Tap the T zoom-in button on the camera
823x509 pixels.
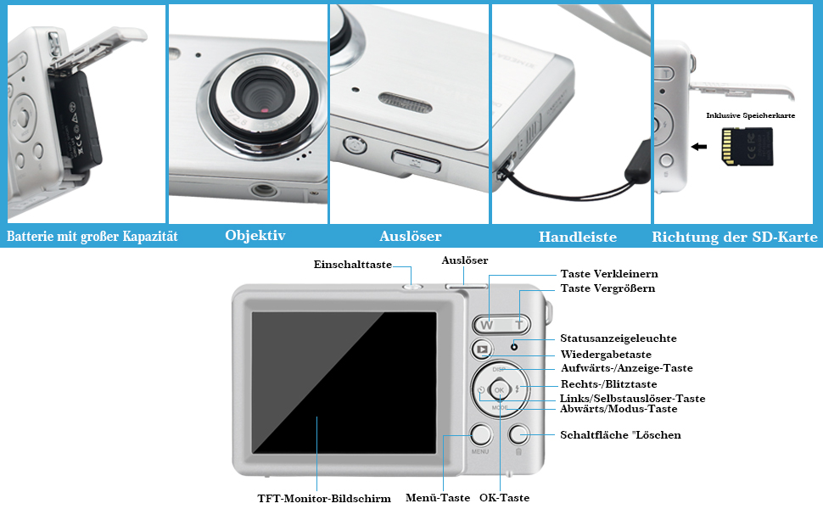tap(518, 324)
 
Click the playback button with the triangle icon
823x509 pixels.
tap(481, 348)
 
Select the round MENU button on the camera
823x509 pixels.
tap(480, 435)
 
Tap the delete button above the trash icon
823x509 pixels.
tap(518, 435)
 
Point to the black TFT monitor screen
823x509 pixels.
tap(349, 382)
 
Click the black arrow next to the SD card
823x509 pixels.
tap(700, 147)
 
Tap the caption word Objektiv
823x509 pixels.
tap(255, 236)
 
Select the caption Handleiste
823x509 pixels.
tap(577, 237)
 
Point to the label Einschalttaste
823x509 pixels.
tap(353, 265)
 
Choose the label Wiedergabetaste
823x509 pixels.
tap(605, 354)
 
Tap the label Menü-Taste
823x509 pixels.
tap(437, 498)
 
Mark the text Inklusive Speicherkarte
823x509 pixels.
tap(751, 115)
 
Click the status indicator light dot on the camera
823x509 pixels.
tap(514, 347)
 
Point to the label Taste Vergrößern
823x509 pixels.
tap(607, 288)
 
